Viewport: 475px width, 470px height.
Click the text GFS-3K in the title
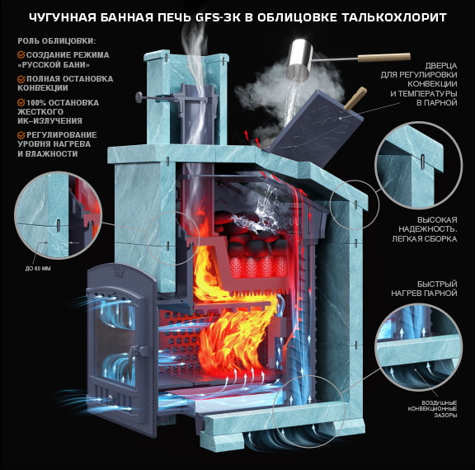(218, 17)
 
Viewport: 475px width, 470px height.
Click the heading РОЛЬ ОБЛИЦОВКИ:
(56, 41)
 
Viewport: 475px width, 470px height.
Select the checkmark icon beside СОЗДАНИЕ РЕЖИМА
(21, 54)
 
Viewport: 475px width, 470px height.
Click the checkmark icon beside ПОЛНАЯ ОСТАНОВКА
(21, 79)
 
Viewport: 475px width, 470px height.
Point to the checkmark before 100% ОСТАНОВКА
(21, 103)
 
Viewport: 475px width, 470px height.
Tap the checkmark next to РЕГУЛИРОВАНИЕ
(21, 135)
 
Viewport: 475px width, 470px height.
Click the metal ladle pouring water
(300, 59)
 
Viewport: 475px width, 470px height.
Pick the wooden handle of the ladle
(384, 57)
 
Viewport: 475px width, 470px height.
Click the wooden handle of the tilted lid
(355, 99)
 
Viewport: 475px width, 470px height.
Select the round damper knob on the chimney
(139, 97)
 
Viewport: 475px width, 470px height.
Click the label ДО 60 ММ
(38, 268)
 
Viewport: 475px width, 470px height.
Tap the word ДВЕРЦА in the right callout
(441, 66)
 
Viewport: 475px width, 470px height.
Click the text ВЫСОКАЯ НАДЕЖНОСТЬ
(428, 224)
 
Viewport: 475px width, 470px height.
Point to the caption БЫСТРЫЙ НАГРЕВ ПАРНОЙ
(424, 289)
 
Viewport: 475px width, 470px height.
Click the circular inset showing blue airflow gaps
(419, 347)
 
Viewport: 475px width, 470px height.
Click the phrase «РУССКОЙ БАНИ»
(54, 65)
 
